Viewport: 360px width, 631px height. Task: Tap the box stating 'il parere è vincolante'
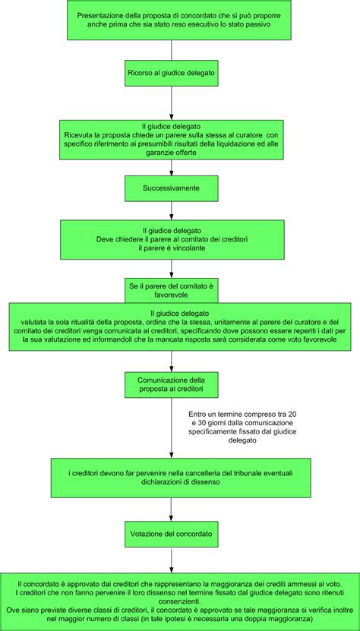pos(172,239)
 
